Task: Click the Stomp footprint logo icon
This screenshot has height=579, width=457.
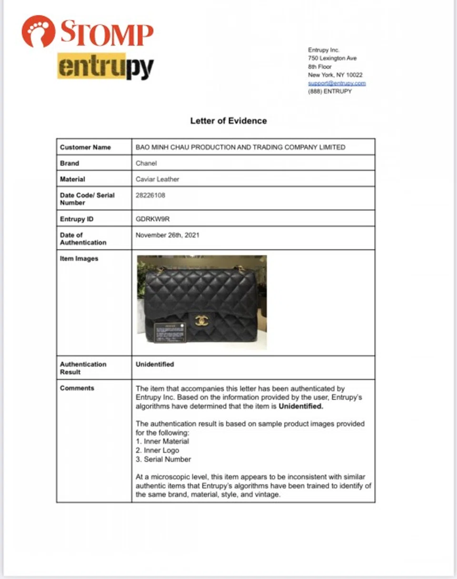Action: (x=39, y=31)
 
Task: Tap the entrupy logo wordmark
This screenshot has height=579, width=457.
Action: (x=105, y=67)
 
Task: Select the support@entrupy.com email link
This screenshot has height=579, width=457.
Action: (x=337, y=83)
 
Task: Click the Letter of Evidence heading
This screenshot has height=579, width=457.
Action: (x=228, y=121)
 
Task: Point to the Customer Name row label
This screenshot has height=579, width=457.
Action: (x=85, y=147)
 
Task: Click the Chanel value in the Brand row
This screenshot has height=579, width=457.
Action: (x=146, y=163)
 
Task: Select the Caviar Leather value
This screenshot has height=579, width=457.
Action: (x=158, y=179)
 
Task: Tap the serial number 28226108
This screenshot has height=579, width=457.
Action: (x=150, y=195)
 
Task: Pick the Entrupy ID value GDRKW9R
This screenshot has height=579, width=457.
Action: (x=153, y=219)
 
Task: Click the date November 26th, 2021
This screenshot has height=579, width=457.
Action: (x=168, y=235)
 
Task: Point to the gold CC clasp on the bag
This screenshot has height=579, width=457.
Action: (x=202, y=321)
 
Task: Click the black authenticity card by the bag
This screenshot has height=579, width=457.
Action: (x=170, y=332)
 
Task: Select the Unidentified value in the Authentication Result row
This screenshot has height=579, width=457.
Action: (x=155, y=364)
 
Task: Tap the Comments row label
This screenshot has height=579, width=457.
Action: (x=77, y=388)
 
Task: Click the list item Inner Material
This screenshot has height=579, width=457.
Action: (x=162, y=441)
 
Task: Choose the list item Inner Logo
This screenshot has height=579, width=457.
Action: (x=158, y=450)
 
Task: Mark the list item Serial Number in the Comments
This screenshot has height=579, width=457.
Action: (x=163, y=459)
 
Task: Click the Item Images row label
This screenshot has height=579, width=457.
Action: (x=79, y=259)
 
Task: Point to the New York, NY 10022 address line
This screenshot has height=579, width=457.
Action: (x=335, y=75)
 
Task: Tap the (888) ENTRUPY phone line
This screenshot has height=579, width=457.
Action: (x=330, y=91)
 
